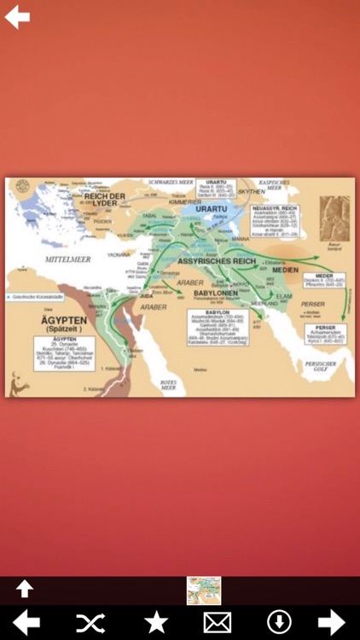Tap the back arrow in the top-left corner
coord(17,17)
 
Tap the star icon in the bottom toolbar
coord(156,622)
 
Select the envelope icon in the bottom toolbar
coord(218,622)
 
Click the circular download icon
coord(279,622)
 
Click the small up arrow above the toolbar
coord(24,588)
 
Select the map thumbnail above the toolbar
coord(204,590)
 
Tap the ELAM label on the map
coord(284,296)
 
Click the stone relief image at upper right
coord(335,219)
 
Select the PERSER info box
coord(325,335)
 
